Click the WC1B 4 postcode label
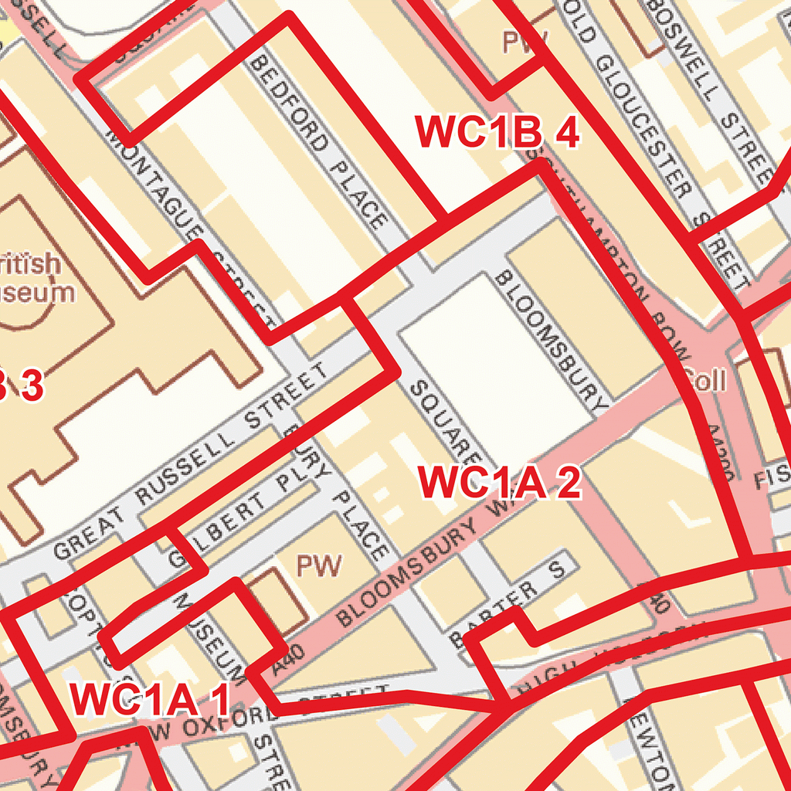tap(497, 132)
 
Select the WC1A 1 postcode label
tap(150, 700)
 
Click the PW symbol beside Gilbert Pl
tap(319, 566)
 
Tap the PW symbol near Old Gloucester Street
tap(525, 41)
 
